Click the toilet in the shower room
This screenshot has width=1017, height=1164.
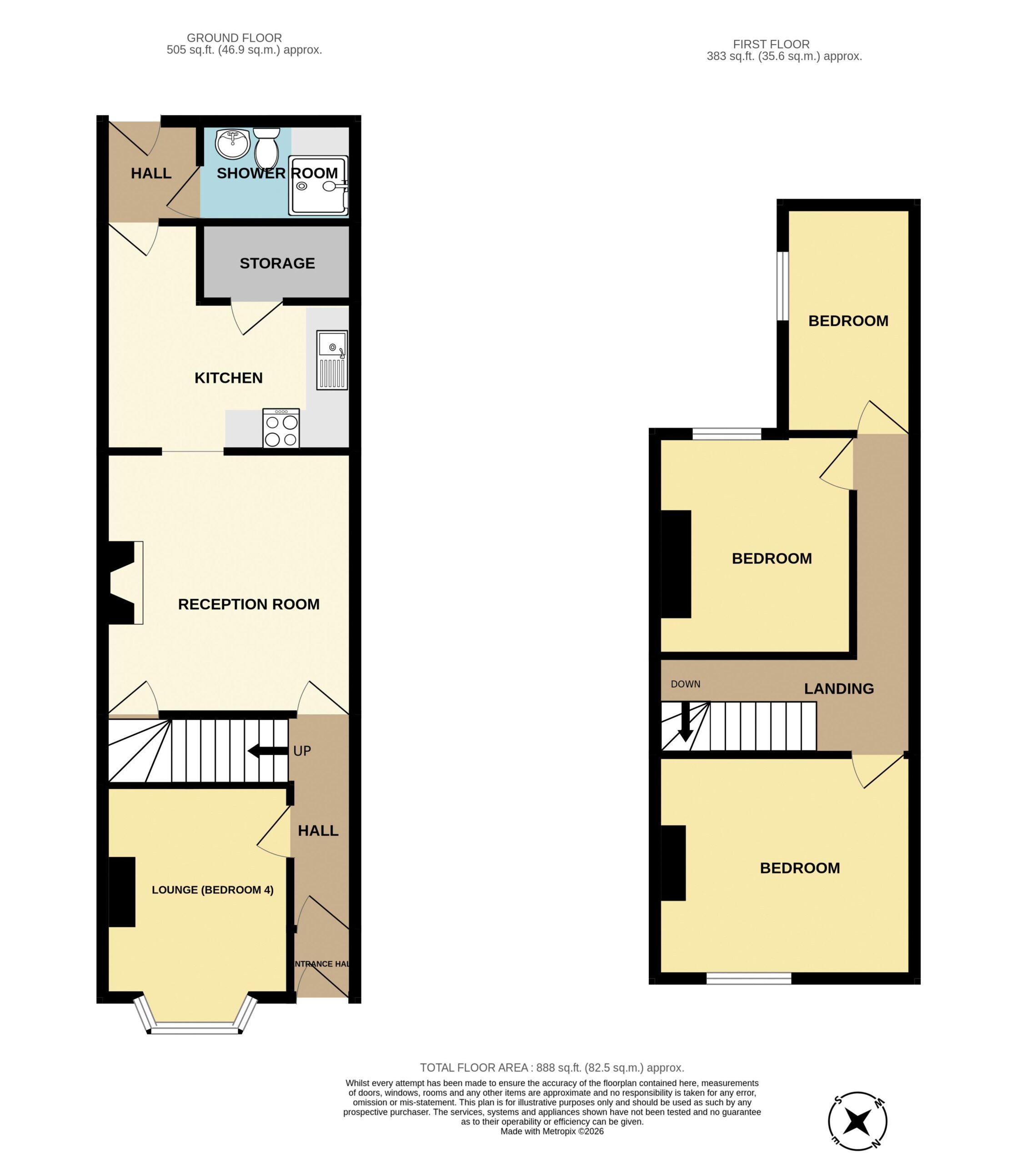click(266, 147)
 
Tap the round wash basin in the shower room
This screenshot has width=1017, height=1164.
click(233, 144)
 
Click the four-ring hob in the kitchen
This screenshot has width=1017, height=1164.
click(281, 428)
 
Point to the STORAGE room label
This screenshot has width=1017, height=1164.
click(277, 263)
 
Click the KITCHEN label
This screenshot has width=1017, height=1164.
click(229, 378)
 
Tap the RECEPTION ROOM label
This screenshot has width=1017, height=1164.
click(249, 604)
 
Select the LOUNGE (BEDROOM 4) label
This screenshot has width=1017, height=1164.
click(213, 890)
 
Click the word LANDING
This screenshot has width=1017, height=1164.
click(839, 689)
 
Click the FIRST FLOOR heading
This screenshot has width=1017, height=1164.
click(771, 44)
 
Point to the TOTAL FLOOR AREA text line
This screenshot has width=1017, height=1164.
click(552, 1068)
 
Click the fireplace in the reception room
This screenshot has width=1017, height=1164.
click(125, 583)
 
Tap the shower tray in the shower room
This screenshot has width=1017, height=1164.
click(318, 185)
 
